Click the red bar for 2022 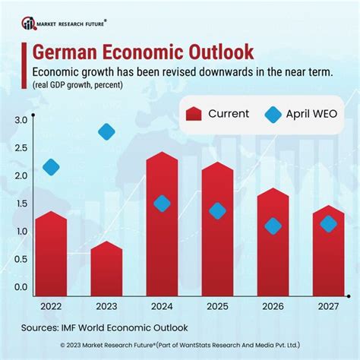(52, 254)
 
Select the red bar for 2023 (106, 269)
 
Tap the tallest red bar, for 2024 (162, 228)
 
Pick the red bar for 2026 (273, 243)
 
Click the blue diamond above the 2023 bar (106, 131)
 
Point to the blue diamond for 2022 (52, 167)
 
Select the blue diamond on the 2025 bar (217, 211)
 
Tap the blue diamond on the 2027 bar (328, 223)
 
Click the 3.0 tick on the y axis (21, 120)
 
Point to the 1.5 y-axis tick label (21, 204)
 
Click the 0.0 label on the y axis (21, 287)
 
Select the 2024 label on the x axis (162, 307)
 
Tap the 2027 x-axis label (328, 307)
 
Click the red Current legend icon (194, 114)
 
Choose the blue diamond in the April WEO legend (271, 114)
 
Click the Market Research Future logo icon (29, 23)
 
